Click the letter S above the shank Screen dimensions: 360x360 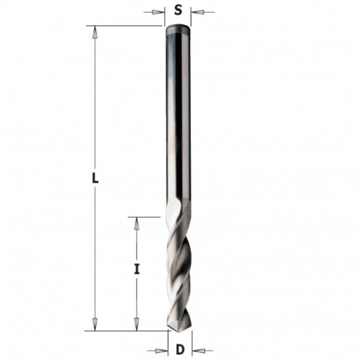click(178, 11)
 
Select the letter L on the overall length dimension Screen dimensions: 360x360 click(95, 178)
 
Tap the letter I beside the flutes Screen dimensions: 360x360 click(137, 269)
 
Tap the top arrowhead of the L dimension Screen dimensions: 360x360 click(95, 32)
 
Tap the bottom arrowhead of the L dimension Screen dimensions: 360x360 click(95, 325)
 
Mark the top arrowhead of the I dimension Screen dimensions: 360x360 click(136, 222)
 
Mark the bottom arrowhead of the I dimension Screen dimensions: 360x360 click(136, 325)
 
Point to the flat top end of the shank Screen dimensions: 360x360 click(178, 28)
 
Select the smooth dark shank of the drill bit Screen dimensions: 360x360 click(178, 118)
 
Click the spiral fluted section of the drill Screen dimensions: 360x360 click(178, 267)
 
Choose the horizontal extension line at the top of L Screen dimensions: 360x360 click(126, 26)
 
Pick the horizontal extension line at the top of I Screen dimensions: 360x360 click(149, 216)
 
